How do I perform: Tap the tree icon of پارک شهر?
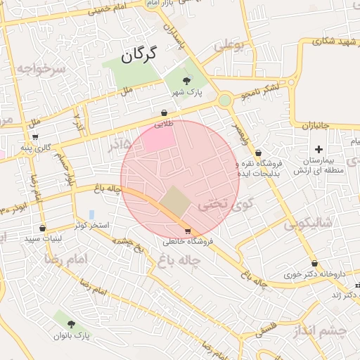(186, 82)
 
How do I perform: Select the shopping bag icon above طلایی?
(165, 112)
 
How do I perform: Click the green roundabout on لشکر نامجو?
(224, 101)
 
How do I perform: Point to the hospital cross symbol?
(319, 149)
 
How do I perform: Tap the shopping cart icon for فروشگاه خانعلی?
(187, 231)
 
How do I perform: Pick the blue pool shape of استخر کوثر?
(91, 214)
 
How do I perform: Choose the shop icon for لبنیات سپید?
(43, 228)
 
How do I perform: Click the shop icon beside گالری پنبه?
(35, 136)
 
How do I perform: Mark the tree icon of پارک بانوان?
(71, 323)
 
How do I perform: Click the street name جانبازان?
(316, 126)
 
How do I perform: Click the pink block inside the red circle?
(156, 138)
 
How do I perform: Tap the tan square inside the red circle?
(174, 202)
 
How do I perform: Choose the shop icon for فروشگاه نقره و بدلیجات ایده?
(258, 153)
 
